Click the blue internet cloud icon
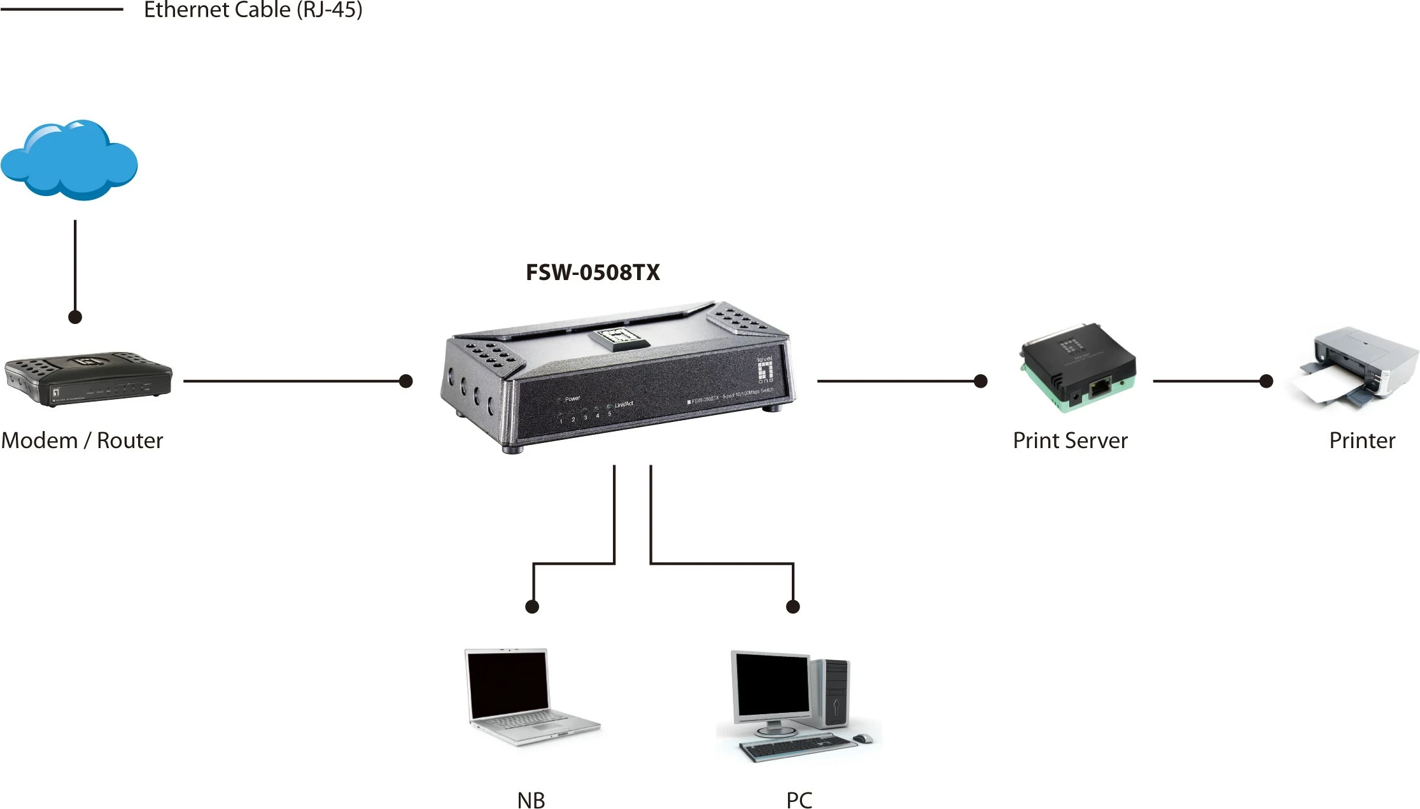pyautogui.click(x=69, y=160)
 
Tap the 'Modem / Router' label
pyautogui.click(x=82, y=440)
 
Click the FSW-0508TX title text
pyautogui.click(x=593, y=272)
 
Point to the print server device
pyautogui.click(x=1078, y=368)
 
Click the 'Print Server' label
pyautogui.click(x=1070, y=440)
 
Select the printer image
pyautogui.click(x=1354, y=367)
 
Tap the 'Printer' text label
pyautogui.click(x=1362, y=440)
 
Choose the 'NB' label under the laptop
pyautogui.click(x=531, y=800)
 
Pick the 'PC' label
pyautogui.click(x=799, y=800)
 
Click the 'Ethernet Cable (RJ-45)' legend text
pyautogui.click(x=253, y=10)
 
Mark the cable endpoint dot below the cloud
pyautogui.click(x=75, y=317)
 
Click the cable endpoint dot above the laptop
pyautogui.click(x=533, y=607)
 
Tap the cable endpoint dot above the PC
pyautogui.click(x=793, y=607)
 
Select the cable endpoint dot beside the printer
pyautogui.click(x=1267, y=381)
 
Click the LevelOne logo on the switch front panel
pyautogui.click(x=765, y=370)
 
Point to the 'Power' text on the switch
pyautogui.click(x=572, y=399)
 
